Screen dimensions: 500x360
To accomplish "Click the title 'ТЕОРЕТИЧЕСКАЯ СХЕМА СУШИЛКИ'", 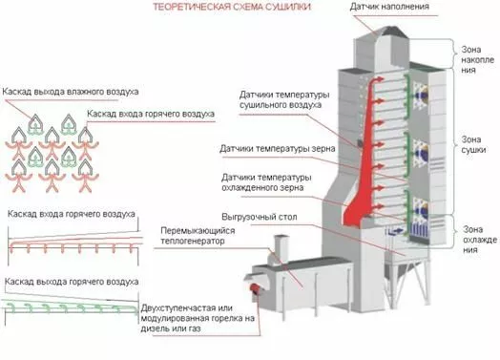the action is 232,7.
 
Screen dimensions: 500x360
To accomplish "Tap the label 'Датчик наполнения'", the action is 389,7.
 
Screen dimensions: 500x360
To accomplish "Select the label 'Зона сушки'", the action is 473,144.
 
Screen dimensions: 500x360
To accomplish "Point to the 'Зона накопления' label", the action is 478,59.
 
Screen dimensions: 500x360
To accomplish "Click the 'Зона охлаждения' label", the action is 480,240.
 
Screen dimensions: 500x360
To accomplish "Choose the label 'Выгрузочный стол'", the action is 260,217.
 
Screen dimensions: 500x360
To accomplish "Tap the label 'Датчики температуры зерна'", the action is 277,149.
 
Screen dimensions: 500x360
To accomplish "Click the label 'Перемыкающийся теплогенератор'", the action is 198,236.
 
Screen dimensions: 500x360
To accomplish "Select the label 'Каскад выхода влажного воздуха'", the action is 71,92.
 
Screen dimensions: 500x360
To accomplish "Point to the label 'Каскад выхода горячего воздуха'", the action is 72,282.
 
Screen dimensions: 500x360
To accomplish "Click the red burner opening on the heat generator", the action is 255,288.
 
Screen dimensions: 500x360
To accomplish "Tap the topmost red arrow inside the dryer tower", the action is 380,79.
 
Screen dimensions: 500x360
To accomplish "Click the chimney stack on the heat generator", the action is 281,249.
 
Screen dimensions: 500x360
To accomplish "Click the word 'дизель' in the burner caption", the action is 156,328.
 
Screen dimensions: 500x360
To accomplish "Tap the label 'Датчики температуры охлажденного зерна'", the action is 266,182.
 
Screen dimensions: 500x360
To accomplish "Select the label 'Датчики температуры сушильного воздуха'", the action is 284,100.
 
